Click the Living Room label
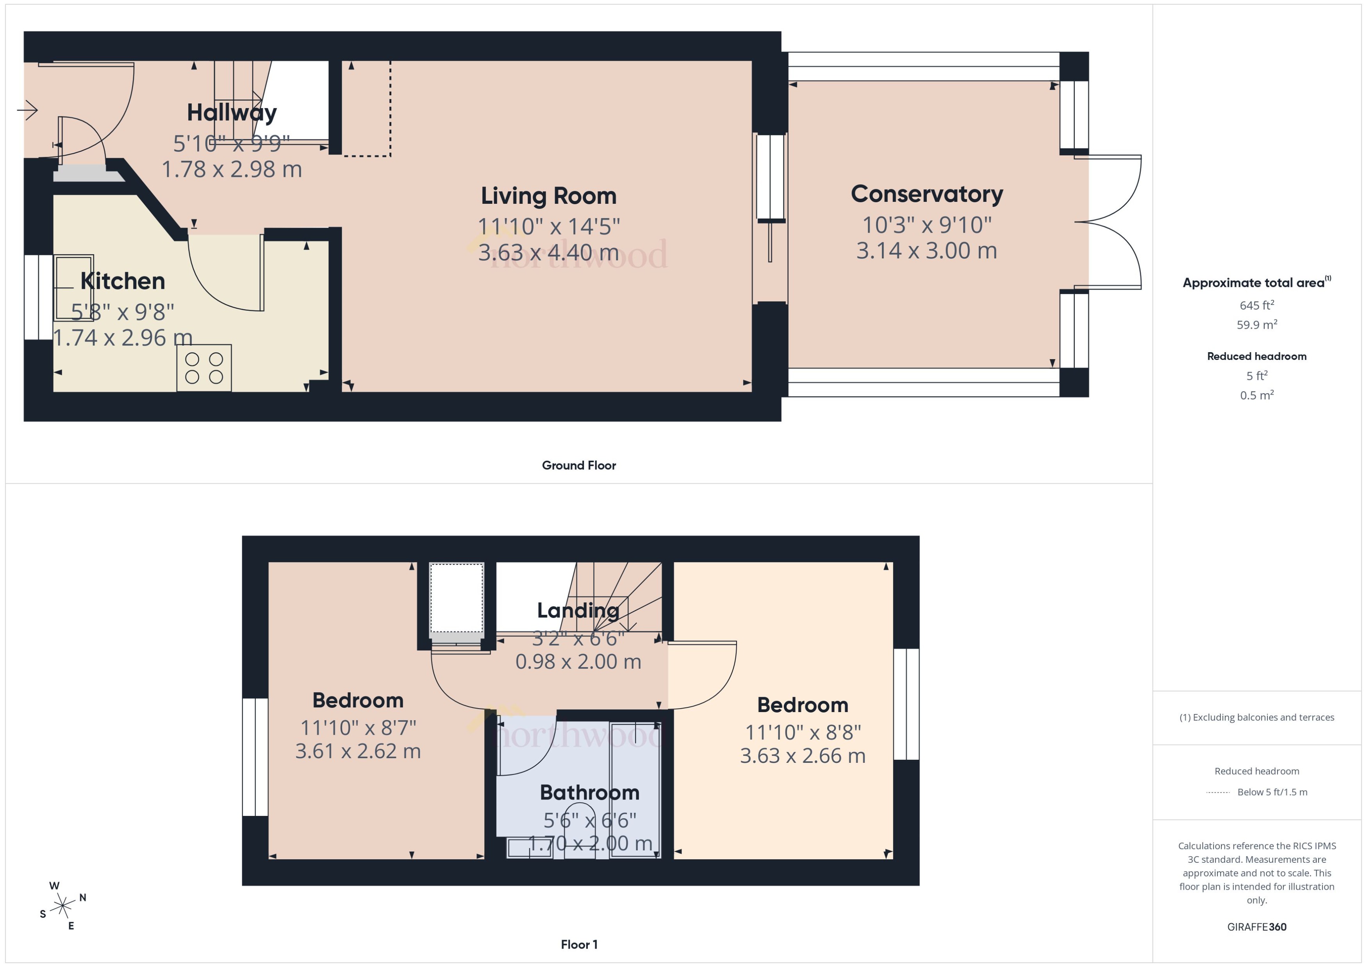[x=549, y=196]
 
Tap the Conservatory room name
[x=927, y=194]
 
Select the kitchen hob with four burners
[x=204, y=368]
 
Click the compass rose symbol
[x=62, y=906]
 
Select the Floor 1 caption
[x=578, y=944]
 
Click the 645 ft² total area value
[x=1256, y=305]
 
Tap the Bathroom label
[x=589, y=792]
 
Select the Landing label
[x=578, y=610]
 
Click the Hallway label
[x=232, y=112]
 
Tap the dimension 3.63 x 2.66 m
[x=802, y=756]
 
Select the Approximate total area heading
[x=1254, y=283]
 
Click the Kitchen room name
[x=123, y=281]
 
